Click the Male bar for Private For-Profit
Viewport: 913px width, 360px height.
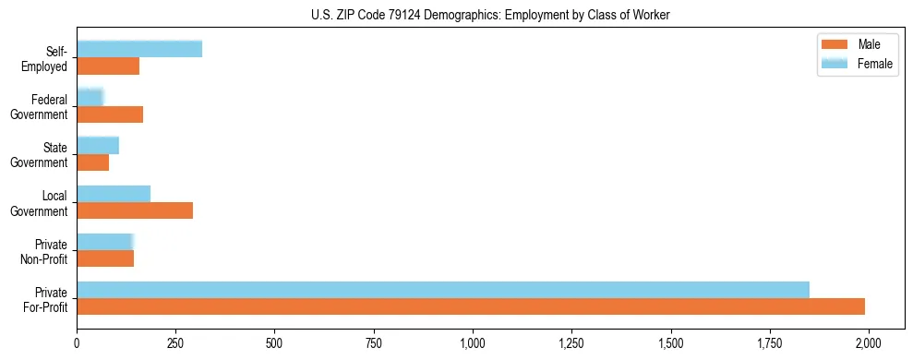tap(471, 306)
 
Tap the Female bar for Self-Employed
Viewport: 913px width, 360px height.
tap(139, 49)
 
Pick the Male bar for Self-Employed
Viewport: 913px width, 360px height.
tap(108, 66)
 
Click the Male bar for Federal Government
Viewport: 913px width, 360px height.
tap(110, 114)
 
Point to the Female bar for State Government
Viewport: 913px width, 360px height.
tap(98, 145)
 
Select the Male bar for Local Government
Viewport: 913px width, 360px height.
tap(135, 210)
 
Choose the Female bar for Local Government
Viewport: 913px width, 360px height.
tap(114, 193)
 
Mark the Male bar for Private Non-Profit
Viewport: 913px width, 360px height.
tap(105, 258)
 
